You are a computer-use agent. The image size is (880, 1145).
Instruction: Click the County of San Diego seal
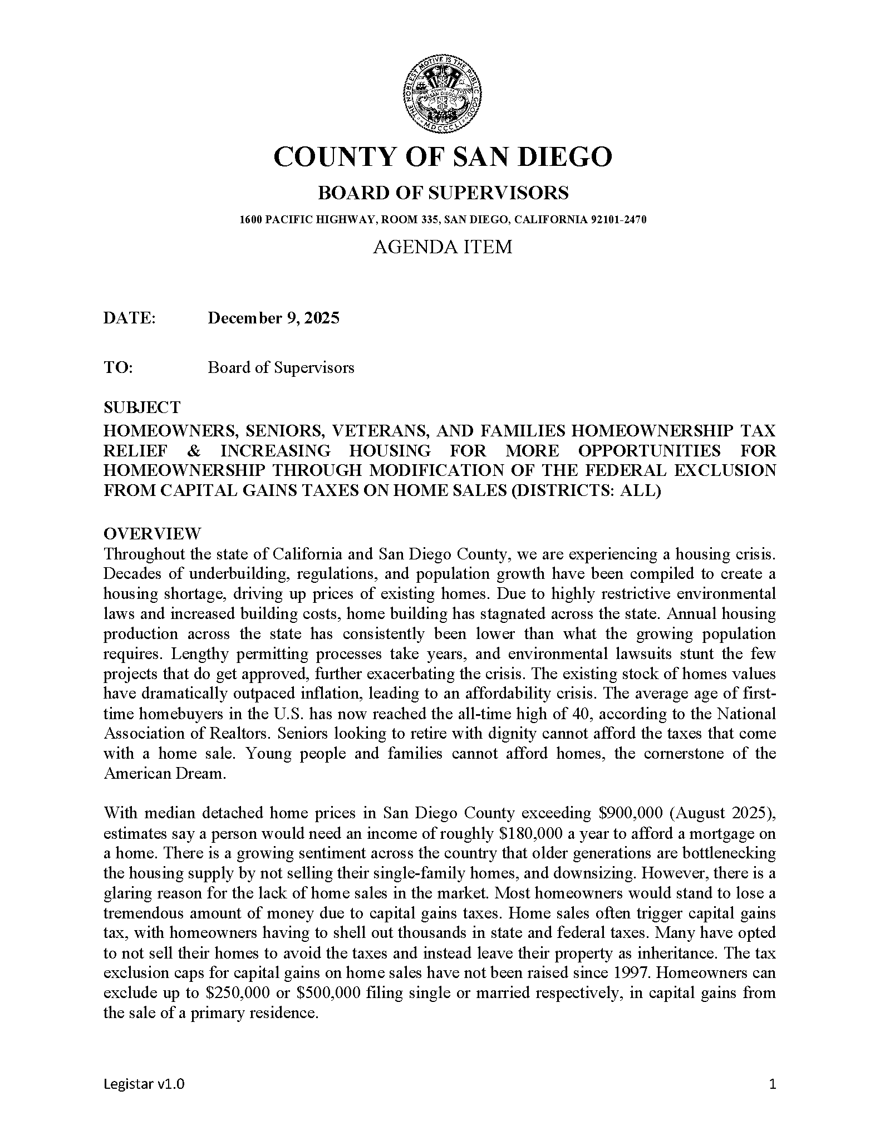point(442,95)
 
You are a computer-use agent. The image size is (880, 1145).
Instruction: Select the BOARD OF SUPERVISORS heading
point(443,193)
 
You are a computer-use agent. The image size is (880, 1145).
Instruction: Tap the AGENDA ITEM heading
point(443,246)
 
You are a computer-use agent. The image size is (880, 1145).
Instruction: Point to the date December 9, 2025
point(273,318)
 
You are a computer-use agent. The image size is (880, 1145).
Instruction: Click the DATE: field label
point(129,318)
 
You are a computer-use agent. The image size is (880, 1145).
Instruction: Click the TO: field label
point(118,367)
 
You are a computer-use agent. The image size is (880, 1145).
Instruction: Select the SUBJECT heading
point(142,407)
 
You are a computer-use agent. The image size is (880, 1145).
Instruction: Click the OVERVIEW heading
point(152,534)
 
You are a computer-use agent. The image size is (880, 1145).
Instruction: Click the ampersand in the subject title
point(193,450)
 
